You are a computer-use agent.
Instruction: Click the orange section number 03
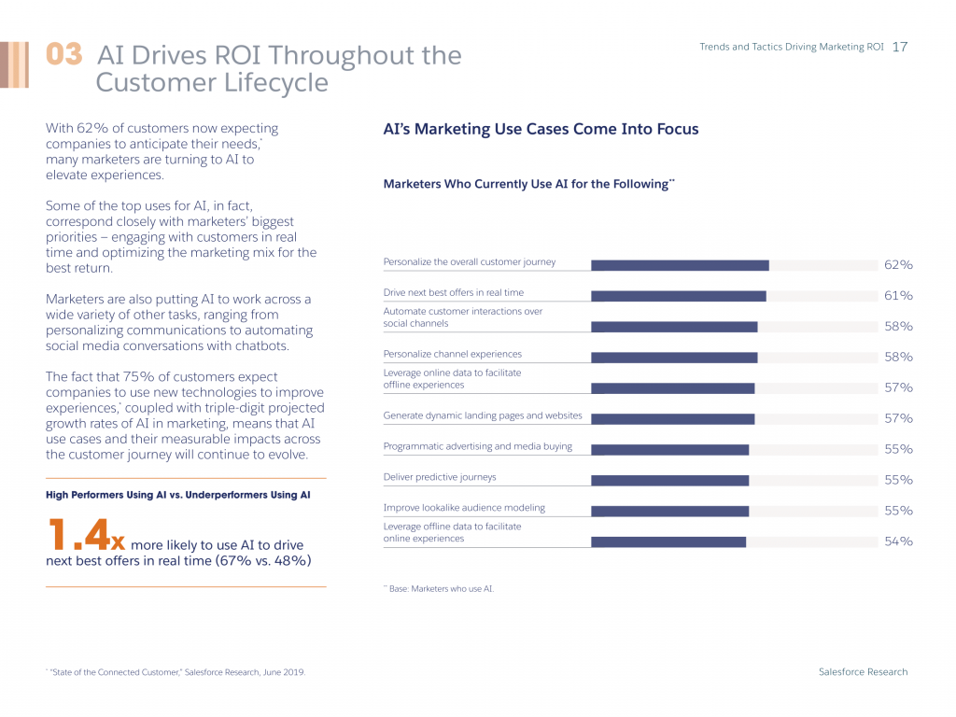coord(64,55)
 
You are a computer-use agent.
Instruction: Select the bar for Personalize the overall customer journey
coord(680,265)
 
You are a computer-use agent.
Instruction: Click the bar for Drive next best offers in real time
coord(678,296)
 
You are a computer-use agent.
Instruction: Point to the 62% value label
coord(898,265)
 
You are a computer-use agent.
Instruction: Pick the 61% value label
coord(898,296)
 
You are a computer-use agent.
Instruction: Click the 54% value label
coord(898,541)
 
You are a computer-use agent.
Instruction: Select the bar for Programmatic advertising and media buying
coord(669,449)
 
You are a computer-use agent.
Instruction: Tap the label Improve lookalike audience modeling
coord(464,508)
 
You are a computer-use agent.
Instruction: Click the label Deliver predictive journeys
coord(440,477)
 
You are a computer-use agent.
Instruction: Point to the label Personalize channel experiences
coord(453,354)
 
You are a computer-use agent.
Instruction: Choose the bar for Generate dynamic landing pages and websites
coord(672,419)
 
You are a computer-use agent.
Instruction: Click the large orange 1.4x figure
coord(85,536)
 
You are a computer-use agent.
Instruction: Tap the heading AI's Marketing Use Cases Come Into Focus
coord(541,130)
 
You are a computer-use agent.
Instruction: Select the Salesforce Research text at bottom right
coord(863,672)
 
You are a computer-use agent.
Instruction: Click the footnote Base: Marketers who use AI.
coord(439,589)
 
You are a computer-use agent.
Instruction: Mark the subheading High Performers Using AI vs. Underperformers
coord(177,494)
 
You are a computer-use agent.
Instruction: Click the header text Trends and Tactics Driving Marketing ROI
coord(792,47)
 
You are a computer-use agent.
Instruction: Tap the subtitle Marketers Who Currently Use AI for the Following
coord(528,184)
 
